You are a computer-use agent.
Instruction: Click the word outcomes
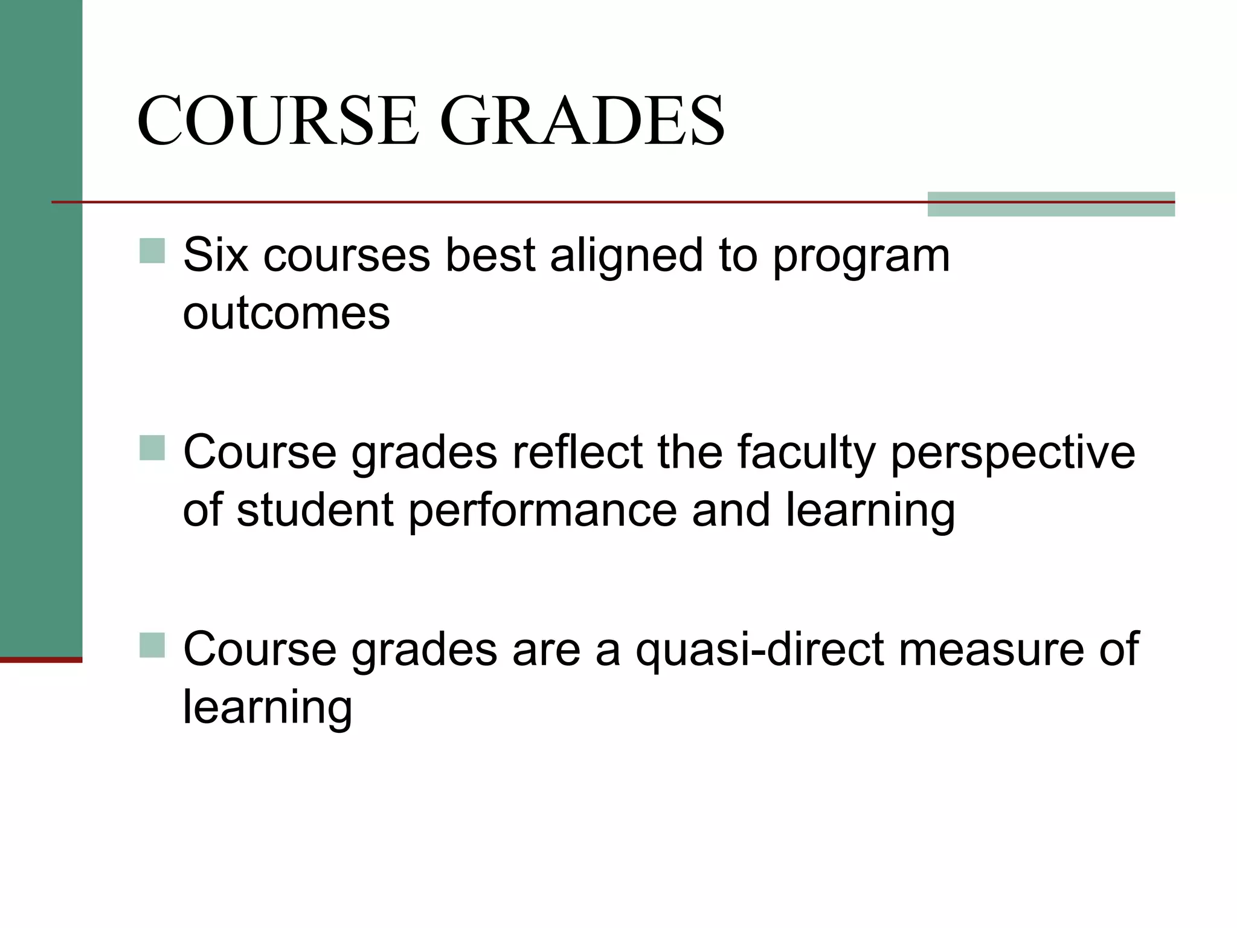click(x=286, y=314)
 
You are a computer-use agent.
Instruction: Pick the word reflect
click(x=577, y=452)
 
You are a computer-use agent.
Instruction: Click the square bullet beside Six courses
click(x=152, y=251)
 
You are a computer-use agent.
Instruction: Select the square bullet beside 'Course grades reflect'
click(x=152, y=448)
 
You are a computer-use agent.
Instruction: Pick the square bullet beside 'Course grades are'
click(x=152, y=645)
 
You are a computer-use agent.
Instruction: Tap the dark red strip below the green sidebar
click(x=41, y=660)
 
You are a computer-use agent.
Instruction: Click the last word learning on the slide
click(x=267, y=707)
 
